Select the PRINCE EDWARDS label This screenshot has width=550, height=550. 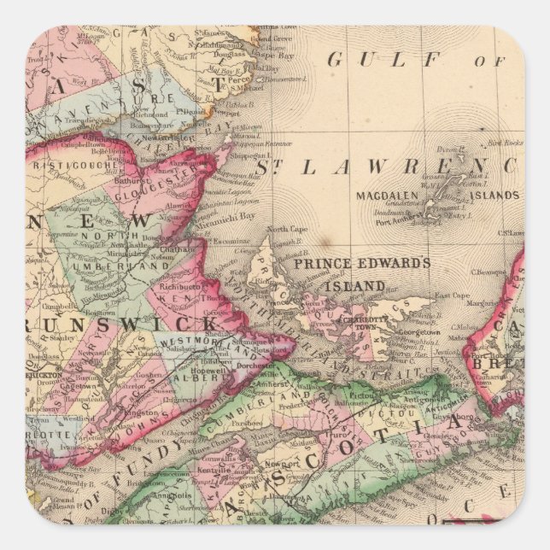[362, 263]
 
